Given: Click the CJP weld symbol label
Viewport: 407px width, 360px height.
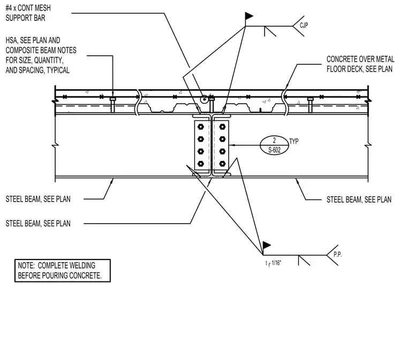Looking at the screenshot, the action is click(x=304, y=25).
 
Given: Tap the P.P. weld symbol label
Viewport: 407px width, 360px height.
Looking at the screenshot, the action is click(x=337, y=255).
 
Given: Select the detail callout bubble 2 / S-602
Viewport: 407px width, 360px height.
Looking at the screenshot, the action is click(x=274, y=145).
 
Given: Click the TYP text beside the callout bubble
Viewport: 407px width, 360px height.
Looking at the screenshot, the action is click(x=294, y=141).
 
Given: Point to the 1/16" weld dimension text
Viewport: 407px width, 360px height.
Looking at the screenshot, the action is click(x=276, y=263).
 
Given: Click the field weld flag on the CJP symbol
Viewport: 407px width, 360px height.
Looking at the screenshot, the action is click(x=248, y=16).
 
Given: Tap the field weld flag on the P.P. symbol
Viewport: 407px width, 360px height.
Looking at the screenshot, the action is click(x=266, y=245).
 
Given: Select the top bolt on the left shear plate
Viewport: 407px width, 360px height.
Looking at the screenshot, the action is click(x=201, y=127).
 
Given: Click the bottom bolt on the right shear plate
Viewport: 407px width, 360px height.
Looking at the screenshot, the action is click(x=222, y=164).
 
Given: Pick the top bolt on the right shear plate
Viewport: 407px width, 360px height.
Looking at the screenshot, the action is click(x=222, y=127).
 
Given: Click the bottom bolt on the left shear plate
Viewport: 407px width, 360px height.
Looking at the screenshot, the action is click(x=201, y=164).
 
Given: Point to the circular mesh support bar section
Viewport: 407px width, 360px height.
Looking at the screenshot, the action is click(x=204, y=99).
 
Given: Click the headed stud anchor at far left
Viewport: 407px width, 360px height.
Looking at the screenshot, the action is click(x=112, y=105).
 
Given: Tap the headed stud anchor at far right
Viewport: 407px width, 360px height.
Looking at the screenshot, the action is click(x=310, y=105).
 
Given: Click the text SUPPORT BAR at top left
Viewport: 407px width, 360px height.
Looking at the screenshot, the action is click(x=26, y=18).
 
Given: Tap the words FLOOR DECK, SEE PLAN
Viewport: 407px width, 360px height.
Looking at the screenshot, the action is click(x=359, y=69).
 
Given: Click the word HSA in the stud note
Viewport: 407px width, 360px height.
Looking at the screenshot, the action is click(x=11, y=41).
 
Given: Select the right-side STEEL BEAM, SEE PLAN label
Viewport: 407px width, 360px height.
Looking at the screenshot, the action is click(x=359, y=200).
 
